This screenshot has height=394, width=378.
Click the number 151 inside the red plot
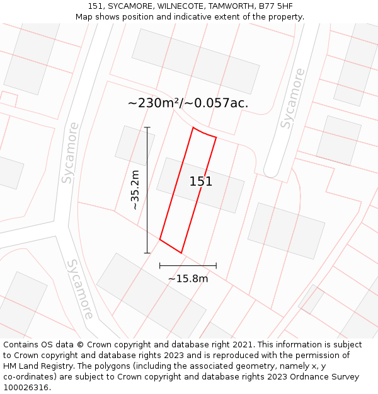201,182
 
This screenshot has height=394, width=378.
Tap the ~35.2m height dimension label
135,190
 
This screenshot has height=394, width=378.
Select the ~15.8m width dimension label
188,279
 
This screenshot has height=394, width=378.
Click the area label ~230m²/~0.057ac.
188,103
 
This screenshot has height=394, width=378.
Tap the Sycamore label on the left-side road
70,153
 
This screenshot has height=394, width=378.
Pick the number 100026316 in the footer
27,388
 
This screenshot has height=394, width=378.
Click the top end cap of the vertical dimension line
147,127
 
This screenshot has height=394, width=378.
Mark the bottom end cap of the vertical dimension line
147,253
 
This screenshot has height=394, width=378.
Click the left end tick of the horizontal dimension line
160,266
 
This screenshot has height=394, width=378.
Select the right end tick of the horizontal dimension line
216,266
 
